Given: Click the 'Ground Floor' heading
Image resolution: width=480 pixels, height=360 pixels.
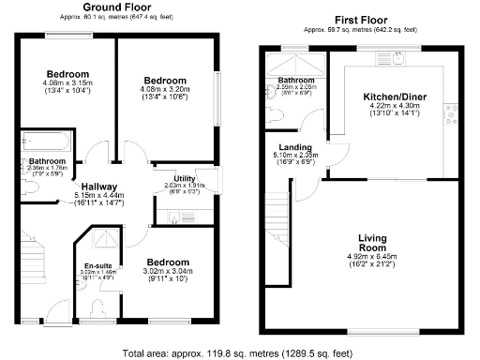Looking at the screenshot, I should click(x=120, y=7).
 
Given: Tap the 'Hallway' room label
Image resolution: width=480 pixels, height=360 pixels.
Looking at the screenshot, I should click(x=98, y=187).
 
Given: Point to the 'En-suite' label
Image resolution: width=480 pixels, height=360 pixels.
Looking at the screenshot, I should click(x=97, y=265).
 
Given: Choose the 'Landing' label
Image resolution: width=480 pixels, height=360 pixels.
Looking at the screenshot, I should click(x=296, y=147).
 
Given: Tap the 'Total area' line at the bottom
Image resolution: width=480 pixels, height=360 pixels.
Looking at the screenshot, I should click(x=239, y=353).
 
